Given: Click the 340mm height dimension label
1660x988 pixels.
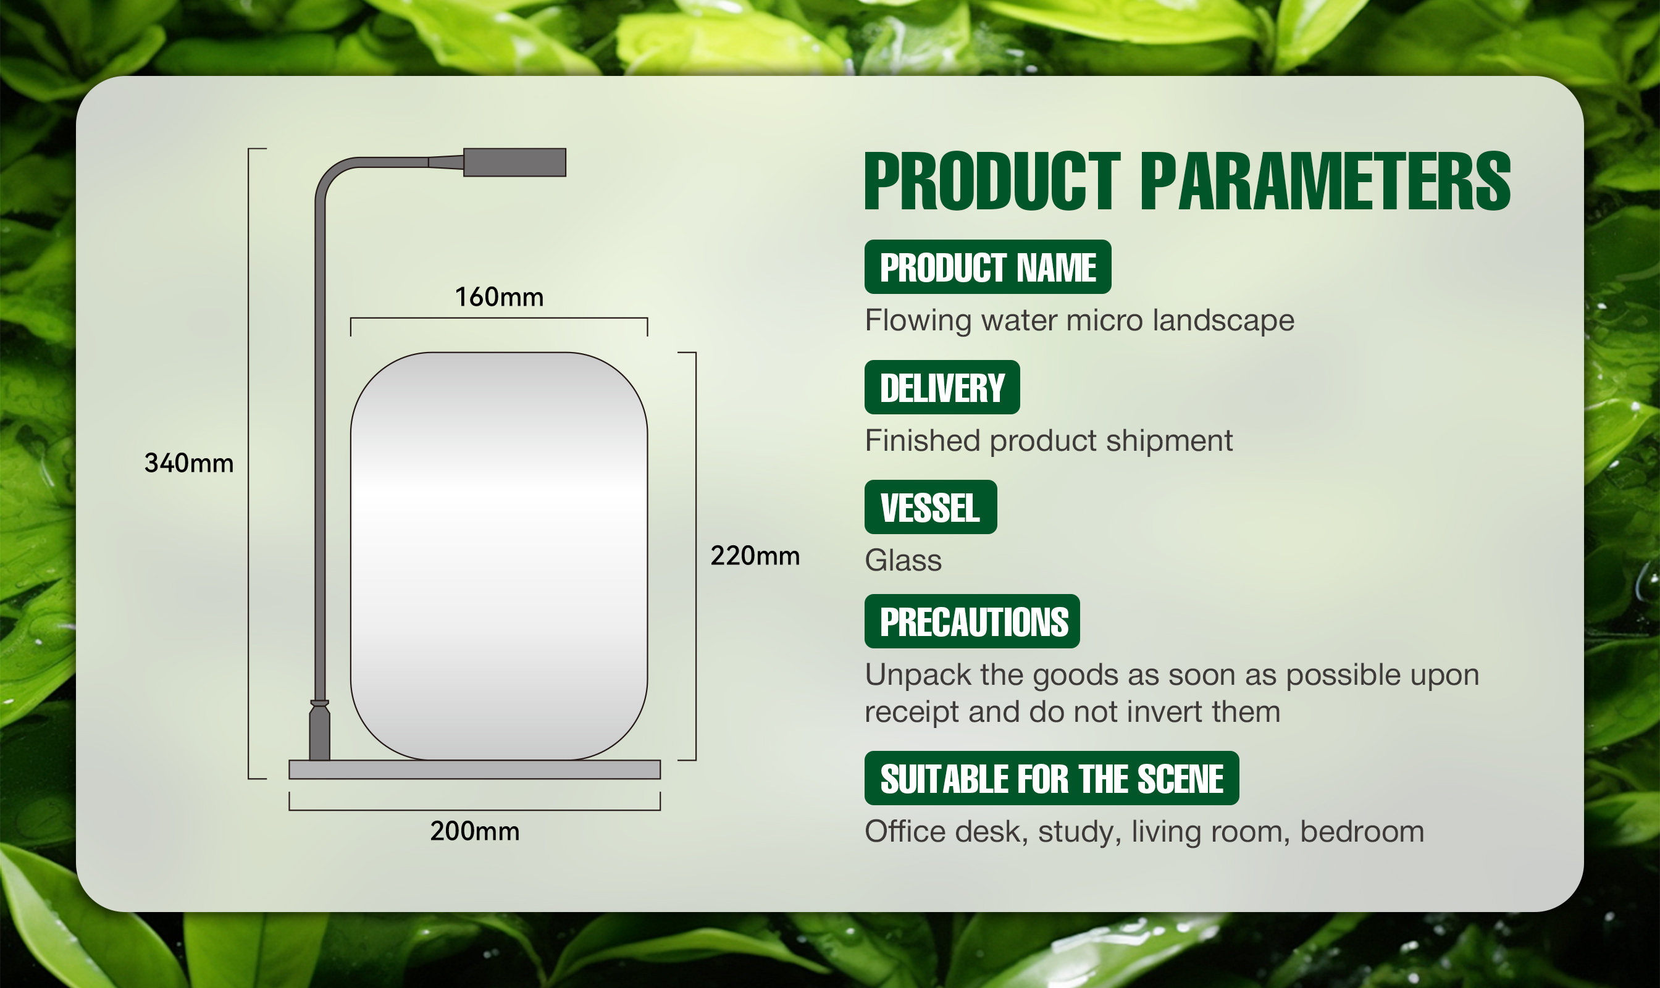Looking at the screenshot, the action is click(189, 463).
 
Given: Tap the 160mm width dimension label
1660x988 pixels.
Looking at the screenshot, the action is click(500, 297).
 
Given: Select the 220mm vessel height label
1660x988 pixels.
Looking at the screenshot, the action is click(755, 555).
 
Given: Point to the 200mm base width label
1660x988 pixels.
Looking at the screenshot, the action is click(475, 831).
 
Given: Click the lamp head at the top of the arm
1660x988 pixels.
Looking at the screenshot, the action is click(514, 162).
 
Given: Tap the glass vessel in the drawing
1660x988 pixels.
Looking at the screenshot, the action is click(499, 556).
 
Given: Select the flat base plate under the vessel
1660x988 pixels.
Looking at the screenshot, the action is click(475, 769).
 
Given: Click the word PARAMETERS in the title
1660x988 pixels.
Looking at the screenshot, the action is click(1325, 181).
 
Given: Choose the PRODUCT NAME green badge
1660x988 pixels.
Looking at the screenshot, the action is click(987, 267).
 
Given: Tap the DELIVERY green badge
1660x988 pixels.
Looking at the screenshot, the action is click(942, 387).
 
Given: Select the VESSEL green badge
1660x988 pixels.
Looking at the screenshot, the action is click(931, 508).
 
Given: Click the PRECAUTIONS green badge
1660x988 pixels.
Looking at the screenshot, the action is click(972, 622).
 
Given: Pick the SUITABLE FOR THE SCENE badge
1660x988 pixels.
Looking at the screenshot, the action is click(1052, 778).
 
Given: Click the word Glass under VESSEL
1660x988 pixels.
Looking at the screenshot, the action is click(903, 561).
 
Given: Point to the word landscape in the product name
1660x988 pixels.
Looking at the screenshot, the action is click(1223, 321).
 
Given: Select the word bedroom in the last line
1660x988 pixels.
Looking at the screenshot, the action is click(1362, 832).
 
